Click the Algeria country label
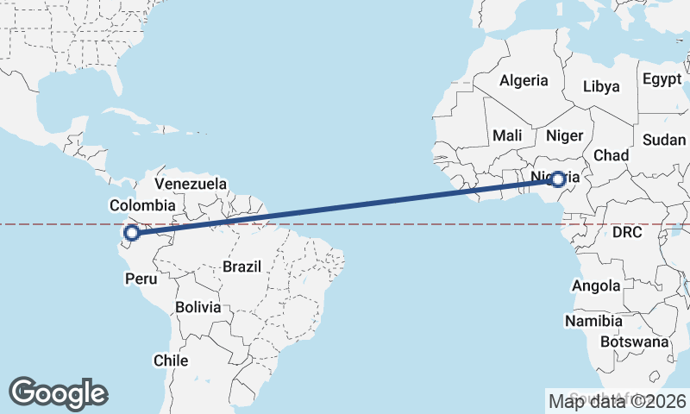click(x=524, y=81)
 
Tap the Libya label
click(x=601, y=86)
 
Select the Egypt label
click(x=662, y=79)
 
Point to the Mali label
click(x=507, y=135)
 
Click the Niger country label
click(x=566, y=135)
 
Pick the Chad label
click(x=611, y=155)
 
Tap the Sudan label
click(x=664, y=140)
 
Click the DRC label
click(x=628, y=233)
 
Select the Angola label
click(x=595, y=285)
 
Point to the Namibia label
click(x=593, y=321)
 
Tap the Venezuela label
click(x=191, y=184)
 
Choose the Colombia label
click(x=142, y=205)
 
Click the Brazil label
click(x=241, y=267)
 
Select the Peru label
click(x=141, y=279)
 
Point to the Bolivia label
click(x=198, y=307)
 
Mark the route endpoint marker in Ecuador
click(x=131, y=232)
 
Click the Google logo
click(x=58, y=392)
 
